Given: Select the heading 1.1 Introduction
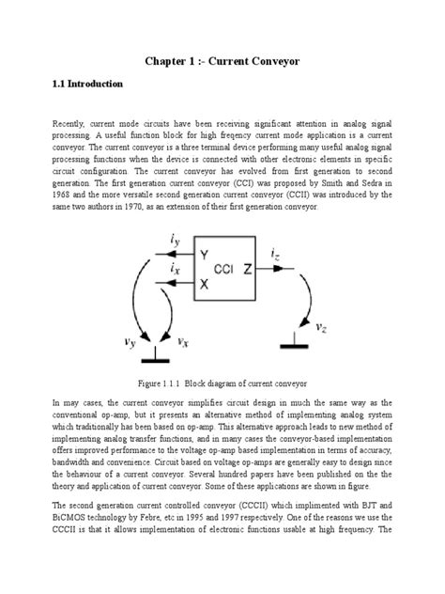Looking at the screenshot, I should [x=86, y=85].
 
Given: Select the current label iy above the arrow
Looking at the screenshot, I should [x=176, y=242].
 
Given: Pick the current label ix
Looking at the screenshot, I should [x=176, y=270].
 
